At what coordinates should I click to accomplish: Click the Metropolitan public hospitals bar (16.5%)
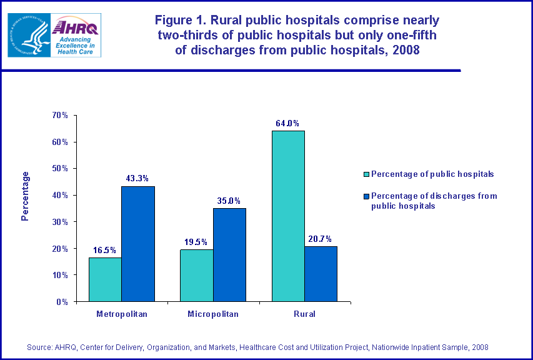pyautogui.click(x=105, y=279)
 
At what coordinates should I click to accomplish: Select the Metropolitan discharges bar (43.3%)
pyautogui.click(x=138, y=244)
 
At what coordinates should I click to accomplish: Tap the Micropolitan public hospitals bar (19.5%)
pyautogui.click(x=196, y=276)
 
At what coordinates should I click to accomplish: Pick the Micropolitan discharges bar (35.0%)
pyautogui.click(x=229, y=255)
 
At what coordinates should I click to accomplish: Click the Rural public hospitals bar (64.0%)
pyautogui.click(x=288, y=216)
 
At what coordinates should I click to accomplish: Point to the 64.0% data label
pyautogui.click(x=287, y=122)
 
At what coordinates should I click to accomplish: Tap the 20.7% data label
pyautogui.click(x=321, y=238)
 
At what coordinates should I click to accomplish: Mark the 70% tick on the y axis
pyautogui.click(x=60, y=116)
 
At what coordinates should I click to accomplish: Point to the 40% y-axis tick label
pyautogui.click(x=60, y=196)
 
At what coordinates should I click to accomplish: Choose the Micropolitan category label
pyautogui.click(x=213, y=314)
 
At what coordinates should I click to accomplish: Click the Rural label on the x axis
pyautogui.click(x=304, y=314)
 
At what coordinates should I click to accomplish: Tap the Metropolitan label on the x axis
pyautogui.click(x=122, y=314)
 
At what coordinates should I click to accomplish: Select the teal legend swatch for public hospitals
pyautogui.click(x=367, y=174)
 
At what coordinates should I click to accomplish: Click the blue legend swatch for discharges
pyautogui.click(x=367, y=196)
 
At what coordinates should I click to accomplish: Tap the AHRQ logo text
pyautogui.click(x=76, y=28)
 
